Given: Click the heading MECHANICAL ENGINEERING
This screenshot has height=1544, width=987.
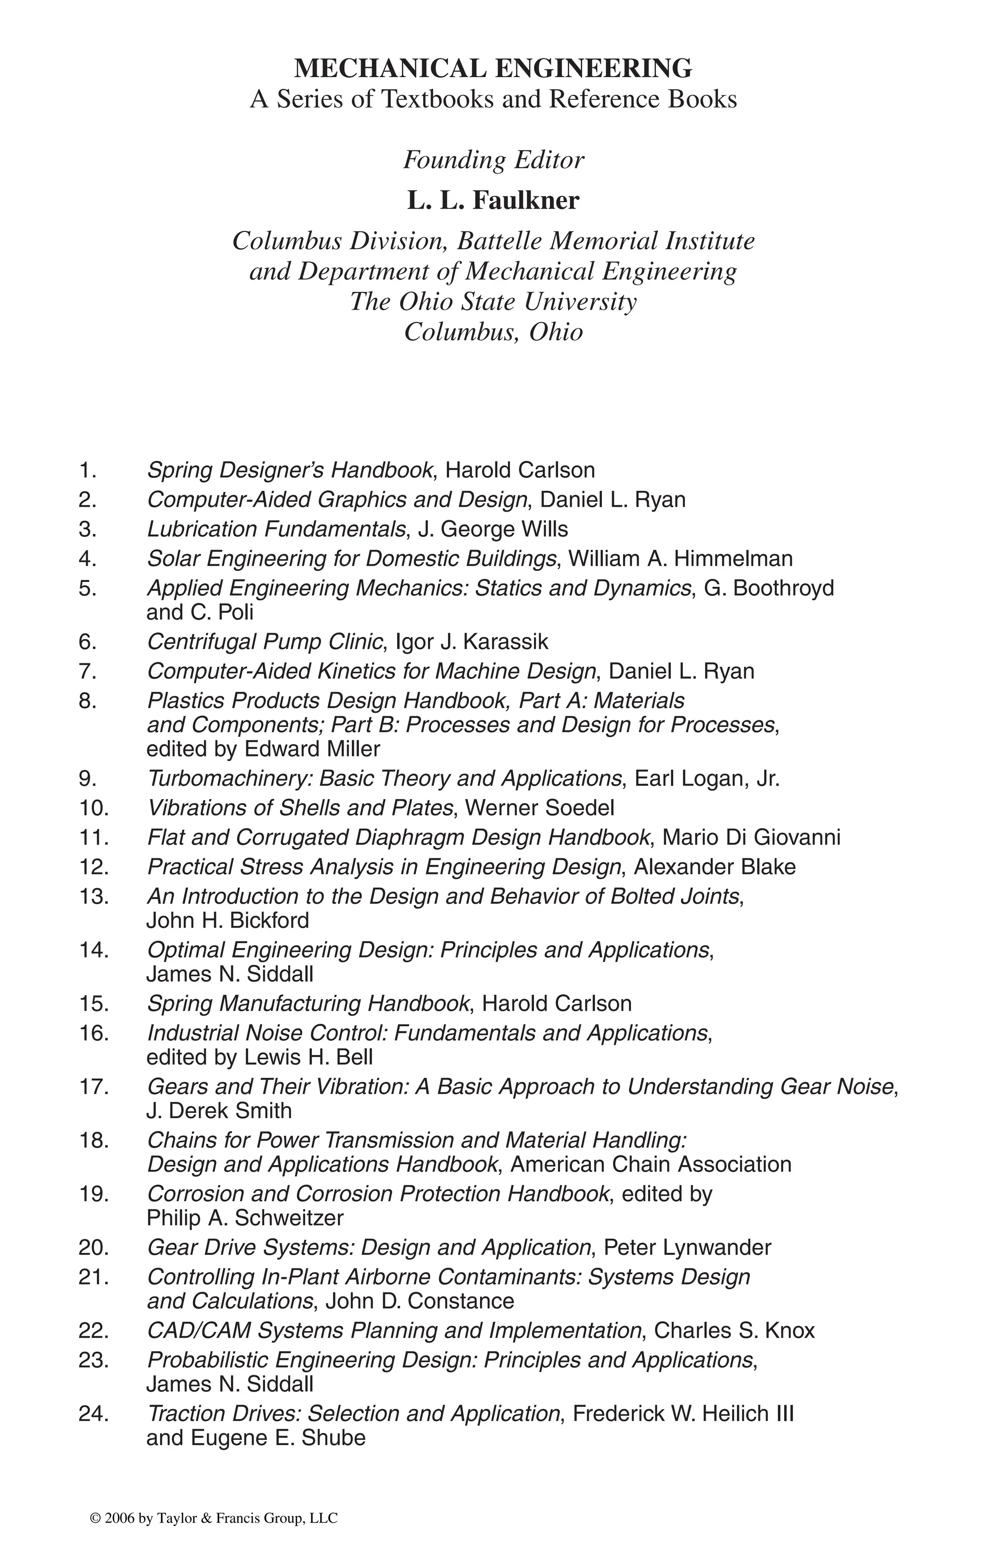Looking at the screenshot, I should (x=493, y=68).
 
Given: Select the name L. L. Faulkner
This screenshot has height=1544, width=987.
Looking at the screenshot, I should (x=493, y=201).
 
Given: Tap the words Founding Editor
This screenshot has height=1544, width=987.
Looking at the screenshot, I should (x=493, y=160).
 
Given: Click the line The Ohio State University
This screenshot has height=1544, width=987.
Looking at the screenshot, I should (x=493, y=301).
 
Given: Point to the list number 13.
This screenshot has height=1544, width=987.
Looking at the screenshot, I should (x=93, y=896).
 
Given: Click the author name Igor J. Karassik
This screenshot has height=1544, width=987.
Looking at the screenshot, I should (x=472, y=642).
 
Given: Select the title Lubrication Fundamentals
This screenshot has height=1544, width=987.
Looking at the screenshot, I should (x=276, y=529).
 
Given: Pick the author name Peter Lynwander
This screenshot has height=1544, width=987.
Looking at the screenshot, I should (x=687, y=1248).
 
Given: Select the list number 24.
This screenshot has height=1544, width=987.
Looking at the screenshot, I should (x=93, y=1414).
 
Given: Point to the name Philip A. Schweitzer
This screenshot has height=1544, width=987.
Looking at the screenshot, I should (x=245, y=1218).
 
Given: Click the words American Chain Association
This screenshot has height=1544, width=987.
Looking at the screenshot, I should (x=651, y=1165).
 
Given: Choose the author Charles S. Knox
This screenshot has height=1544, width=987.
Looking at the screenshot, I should (x=734, y=1330).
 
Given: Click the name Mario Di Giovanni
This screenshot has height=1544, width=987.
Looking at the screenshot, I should (x=751, y=838).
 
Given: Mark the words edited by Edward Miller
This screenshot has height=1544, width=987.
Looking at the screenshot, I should (x=264, y=749).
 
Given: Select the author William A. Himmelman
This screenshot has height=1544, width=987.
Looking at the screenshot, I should (x=680, y=559).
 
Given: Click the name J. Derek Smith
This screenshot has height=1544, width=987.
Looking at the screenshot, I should (x=219, y=1111).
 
